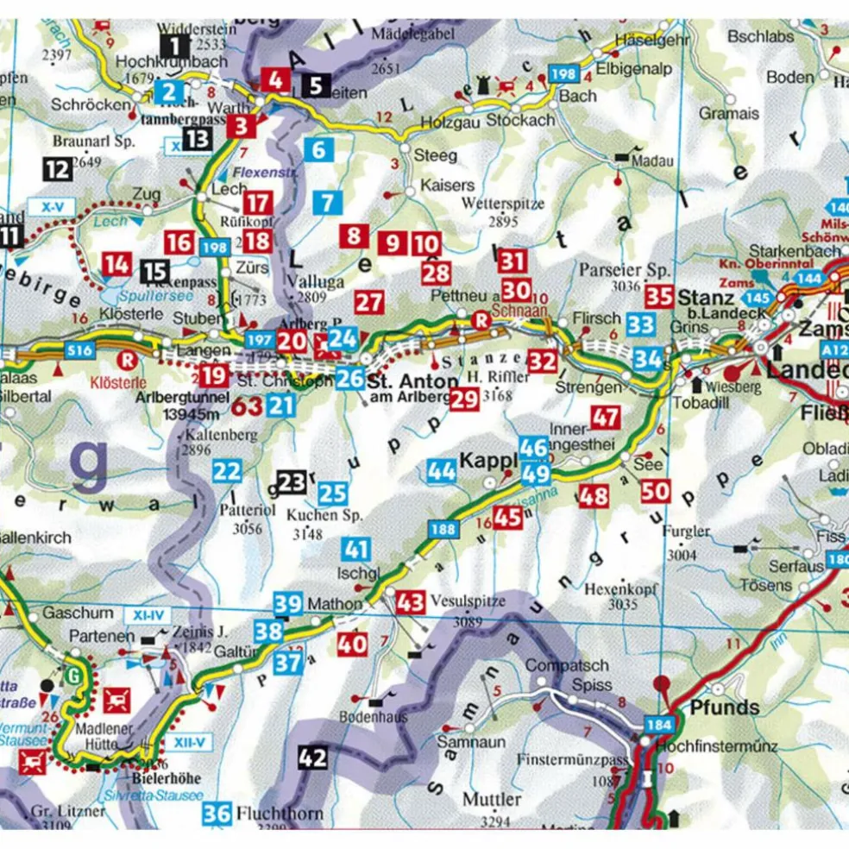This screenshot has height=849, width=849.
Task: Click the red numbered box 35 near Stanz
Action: click(659, 297)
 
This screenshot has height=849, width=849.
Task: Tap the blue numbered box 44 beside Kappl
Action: click(442, 470)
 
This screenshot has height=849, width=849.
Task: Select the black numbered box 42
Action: click(313, 758)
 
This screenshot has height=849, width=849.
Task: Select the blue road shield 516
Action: click(80, 350)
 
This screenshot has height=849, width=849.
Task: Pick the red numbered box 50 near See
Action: click(656, 492)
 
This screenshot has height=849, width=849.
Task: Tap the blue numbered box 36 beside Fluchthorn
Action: click(219, 814)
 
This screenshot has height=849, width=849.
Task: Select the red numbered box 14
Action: click(116, 264)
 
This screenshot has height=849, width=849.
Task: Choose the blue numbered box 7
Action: click(326, 204)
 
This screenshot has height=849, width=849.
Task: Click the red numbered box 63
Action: click(246, 406)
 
